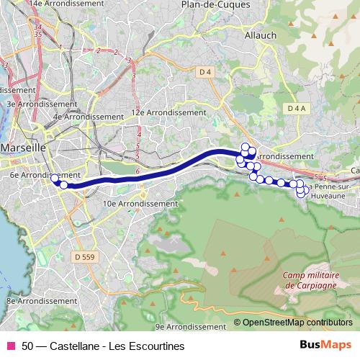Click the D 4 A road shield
[x=295, y=108]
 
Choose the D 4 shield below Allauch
[x=204, y=71]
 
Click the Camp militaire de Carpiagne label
[x=310, y=279]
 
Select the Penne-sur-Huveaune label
[x=333, y=190]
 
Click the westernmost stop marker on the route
[x=55, y=178]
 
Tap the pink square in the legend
[x=11, y=346]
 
